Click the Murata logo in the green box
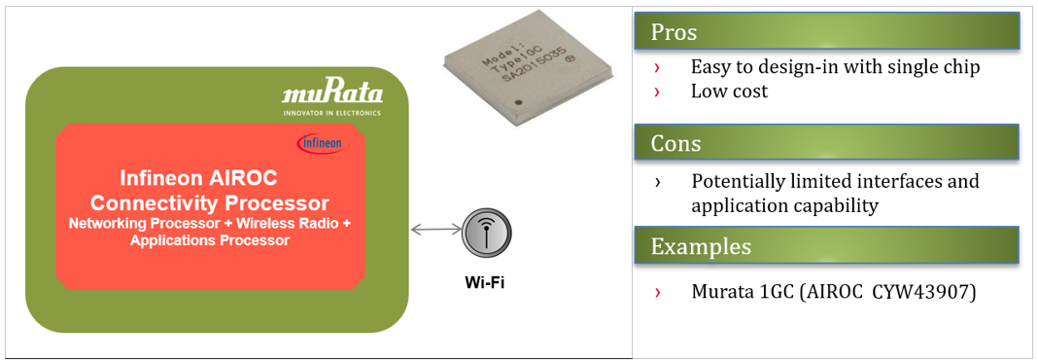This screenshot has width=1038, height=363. coord(332,93)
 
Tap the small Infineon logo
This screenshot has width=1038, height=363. coord(320,143)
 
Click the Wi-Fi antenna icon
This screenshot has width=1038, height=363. coord(487,233)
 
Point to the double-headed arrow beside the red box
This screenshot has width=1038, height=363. coord(436,229)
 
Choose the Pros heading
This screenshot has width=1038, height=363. coord(675,32)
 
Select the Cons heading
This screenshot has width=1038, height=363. coord(676,144)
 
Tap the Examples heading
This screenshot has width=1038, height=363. coord(701,245)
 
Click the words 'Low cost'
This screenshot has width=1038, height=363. coord(729,91)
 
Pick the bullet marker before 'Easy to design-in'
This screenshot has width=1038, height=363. coord(657,67)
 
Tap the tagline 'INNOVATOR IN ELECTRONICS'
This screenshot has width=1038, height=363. coord(331,113)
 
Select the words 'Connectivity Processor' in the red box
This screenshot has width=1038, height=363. coord(209,203)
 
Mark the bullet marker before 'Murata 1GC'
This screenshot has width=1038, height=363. coord(657,292)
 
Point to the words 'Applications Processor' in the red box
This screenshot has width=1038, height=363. coord(209,240)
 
